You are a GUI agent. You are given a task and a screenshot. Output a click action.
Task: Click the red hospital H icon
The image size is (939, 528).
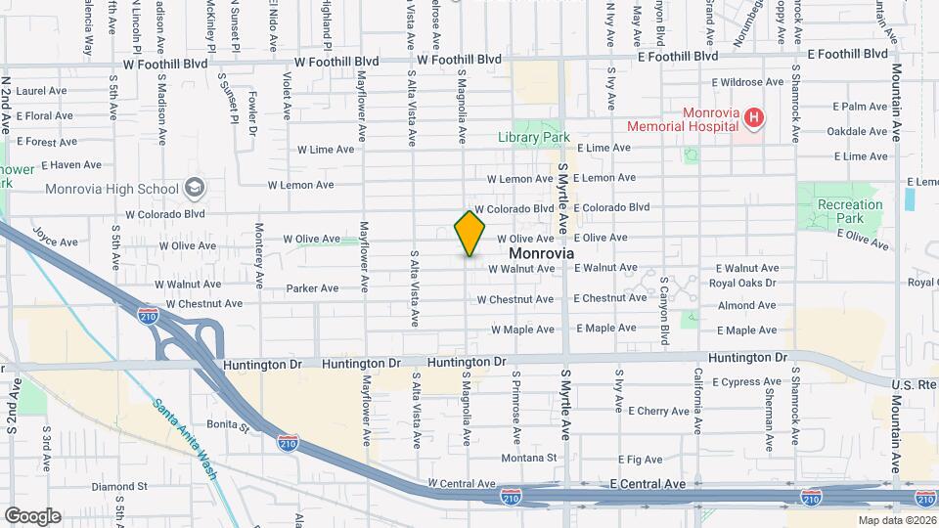[x=753, y=119]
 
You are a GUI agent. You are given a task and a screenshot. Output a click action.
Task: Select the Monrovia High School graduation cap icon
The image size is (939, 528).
[x=194, y=188]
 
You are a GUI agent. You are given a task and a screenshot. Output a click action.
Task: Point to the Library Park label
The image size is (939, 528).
[x=533, y=138]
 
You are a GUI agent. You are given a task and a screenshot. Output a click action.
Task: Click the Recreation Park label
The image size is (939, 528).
[x=850, y=212]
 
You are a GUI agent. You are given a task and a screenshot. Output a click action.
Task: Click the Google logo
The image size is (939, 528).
[x=32, y=516]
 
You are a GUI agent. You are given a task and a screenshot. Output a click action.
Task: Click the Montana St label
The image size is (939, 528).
[x=529, y=458]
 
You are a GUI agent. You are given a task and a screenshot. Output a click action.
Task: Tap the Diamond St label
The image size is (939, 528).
[x=119, y=486]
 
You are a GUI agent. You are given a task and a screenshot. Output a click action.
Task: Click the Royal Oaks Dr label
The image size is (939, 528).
[x=741, y=284]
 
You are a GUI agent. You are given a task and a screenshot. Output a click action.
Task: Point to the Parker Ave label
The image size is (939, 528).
[x=312, y=288]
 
